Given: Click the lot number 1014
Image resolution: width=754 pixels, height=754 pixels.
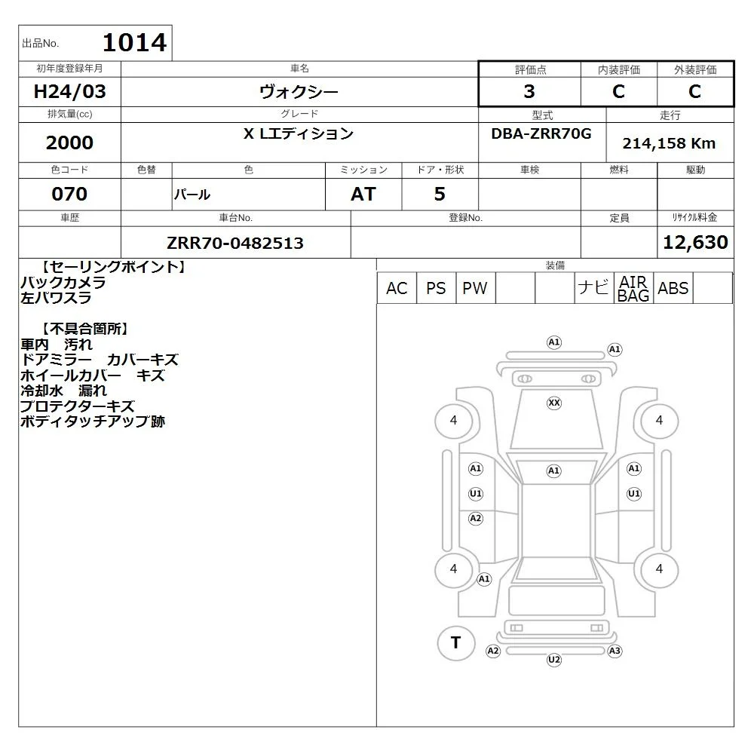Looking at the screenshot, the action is point(135,42).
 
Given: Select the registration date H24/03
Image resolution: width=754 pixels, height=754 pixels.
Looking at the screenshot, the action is point(69,91).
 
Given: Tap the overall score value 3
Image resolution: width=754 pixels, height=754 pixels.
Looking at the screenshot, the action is point(529,91).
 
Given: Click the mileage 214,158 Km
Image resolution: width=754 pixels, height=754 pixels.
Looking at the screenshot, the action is point(669,143).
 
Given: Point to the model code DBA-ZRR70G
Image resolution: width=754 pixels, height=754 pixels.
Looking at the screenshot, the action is point(541,133).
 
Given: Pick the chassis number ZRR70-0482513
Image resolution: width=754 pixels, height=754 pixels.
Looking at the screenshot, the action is point(235,243).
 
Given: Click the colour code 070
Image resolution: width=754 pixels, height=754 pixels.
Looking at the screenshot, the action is point(69,194).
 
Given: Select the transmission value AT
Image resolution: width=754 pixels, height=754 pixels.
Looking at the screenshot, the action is point(363,194).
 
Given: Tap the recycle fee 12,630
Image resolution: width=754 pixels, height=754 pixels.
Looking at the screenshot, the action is point(695,242).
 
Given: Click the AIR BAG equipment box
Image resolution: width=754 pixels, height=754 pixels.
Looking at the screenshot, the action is point(633,288).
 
